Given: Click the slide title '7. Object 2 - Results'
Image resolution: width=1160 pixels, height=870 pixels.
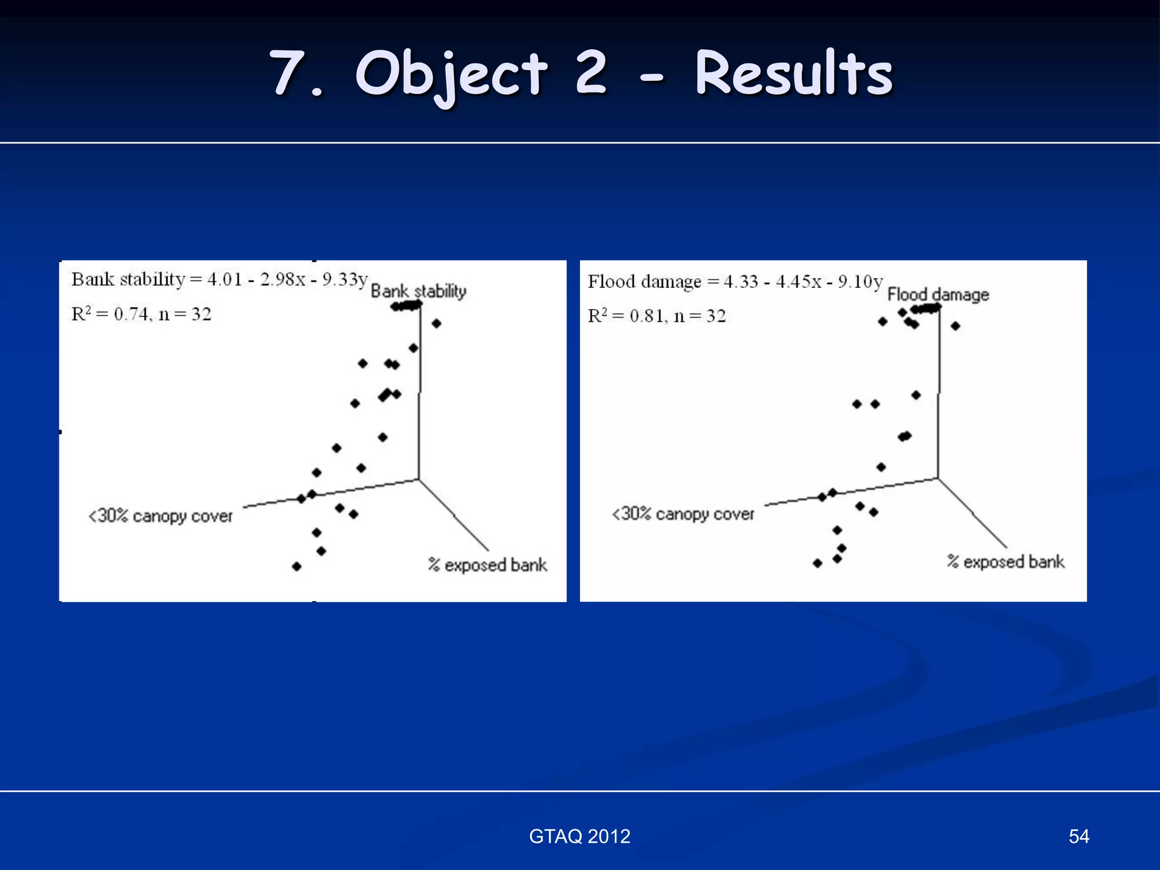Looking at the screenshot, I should (580, 74).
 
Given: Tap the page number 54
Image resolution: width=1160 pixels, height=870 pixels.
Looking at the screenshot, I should (1078, 836).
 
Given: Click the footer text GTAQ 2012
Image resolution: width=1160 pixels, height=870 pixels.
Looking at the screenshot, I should (579, 836).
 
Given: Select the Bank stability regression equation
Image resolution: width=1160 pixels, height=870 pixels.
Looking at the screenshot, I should (220, 279).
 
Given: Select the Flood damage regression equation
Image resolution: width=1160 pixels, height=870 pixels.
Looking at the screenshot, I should (735, 282).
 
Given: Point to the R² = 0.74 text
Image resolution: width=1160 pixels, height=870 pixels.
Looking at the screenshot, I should (141, 314).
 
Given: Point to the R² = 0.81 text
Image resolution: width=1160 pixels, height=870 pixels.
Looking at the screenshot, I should (656, 315).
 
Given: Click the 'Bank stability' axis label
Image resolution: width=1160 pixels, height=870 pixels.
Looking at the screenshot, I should (419, 291).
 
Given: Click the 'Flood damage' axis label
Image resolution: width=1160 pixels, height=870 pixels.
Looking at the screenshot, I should (938, 295).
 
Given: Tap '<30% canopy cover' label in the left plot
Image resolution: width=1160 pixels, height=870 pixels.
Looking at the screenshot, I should (160, 516).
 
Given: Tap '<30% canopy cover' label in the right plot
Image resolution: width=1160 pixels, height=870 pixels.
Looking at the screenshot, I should (683, 514).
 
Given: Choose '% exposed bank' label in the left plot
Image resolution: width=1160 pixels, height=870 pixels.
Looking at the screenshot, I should (488, 565).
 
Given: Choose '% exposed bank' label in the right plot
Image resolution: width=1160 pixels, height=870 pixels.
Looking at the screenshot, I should (1005, 561).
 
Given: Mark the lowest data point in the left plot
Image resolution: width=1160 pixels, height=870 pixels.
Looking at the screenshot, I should (297, 566).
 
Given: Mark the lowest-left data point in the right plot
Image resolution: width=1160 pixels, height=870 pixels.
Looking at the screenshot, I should (817, 563).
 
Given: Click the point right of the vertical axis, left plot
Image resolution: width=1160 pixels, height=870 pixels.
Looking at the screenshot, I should (436, 323).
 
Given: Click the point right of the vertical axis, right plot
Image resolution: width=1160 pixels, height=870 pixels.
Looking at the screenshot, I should (956, 326).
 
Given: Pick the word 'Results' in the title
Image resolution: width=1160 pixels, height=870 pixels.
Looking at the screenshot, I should (794, 74).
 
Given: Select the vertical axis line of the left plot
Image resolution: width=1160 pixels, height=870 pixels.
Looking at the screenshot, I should (420, 396).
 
